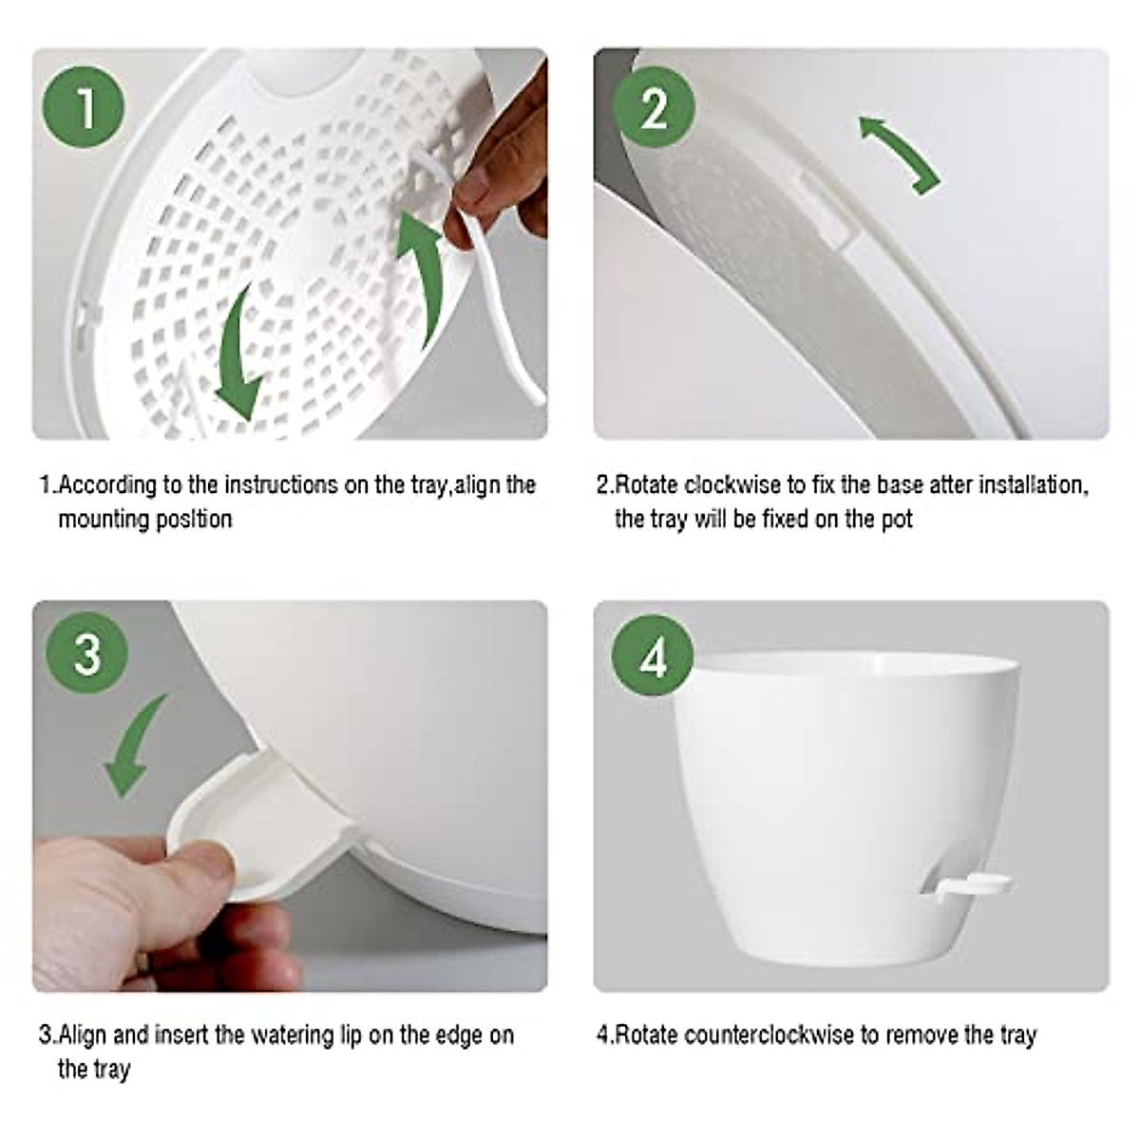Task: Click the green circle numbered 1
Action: click(85, 107)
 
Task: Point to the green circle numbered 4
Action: click(653, 658)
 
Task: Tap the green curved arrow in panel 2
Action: click(899, 152)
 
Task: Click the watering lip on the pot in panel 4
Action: click(969, 883)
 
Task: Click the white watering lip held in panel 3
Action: click(237, 836)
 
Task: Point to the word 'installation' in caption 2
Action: click(1031, 485)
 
